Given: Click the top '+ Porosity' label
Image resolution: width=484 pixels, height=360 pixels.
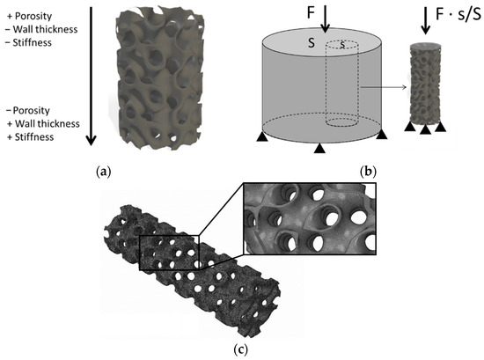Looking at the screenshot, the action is (29, 16).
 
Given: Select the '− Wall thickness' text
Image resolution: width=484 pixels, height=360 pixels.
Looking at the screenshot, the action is (41, 29).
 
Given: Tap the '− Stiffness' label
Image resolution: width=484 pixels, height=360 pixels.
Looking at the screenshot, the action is (28, 42).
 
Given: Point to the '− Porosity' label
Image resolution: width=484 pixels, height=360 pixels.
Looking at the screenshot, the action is (28, 110).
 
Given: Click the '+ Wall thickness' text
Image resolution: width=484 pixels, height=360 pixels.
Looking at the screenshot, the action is (43, 124).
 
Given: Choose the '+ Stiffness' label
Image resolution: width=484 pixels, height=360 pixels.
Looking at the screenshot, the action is (30, 137).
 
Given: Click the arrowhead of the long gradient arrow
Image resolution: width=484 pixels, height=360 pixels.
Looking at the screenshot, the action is (91, 141).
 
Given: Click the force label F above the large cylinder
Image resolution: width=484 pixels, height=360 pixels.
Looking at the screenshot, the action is (311, 12).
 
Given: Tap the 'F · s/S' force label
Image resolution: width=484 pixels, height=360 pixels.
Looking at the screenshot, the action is (458, 15).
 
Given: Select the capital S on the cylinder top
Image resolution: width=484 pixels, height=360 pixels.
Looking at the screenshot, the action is (312, 43).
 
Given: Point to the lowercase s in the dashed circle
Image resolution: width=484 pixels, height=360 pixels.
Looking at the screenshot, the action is (342, 45).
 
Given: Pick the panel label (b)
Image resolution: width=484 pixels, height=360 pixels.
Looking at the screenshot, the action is (368, 172).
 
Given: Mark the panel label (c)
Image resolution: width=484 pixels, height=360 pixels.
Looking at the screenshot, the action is (241, 349).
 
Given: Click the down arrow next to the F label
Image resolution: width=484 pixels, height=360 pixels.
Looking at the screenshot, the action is (325, 19).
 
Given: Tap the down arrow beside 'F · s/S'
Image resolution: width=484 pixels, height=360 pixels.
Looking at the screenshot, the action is (426, 20).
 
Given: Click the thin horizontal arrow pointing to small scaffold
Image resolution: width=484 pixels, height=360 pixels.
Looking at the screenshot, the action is (384, 88).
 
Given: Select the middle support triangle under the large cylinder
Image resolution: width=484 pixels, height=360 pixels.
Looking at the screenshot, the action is (319, 149).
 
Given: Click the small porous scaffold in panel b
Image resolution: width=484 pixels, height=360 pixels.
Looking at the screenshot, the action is (425, 84).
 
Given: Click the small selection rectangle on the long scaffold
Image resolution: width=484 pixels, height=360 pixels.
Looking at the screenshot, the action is (170, 253).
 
